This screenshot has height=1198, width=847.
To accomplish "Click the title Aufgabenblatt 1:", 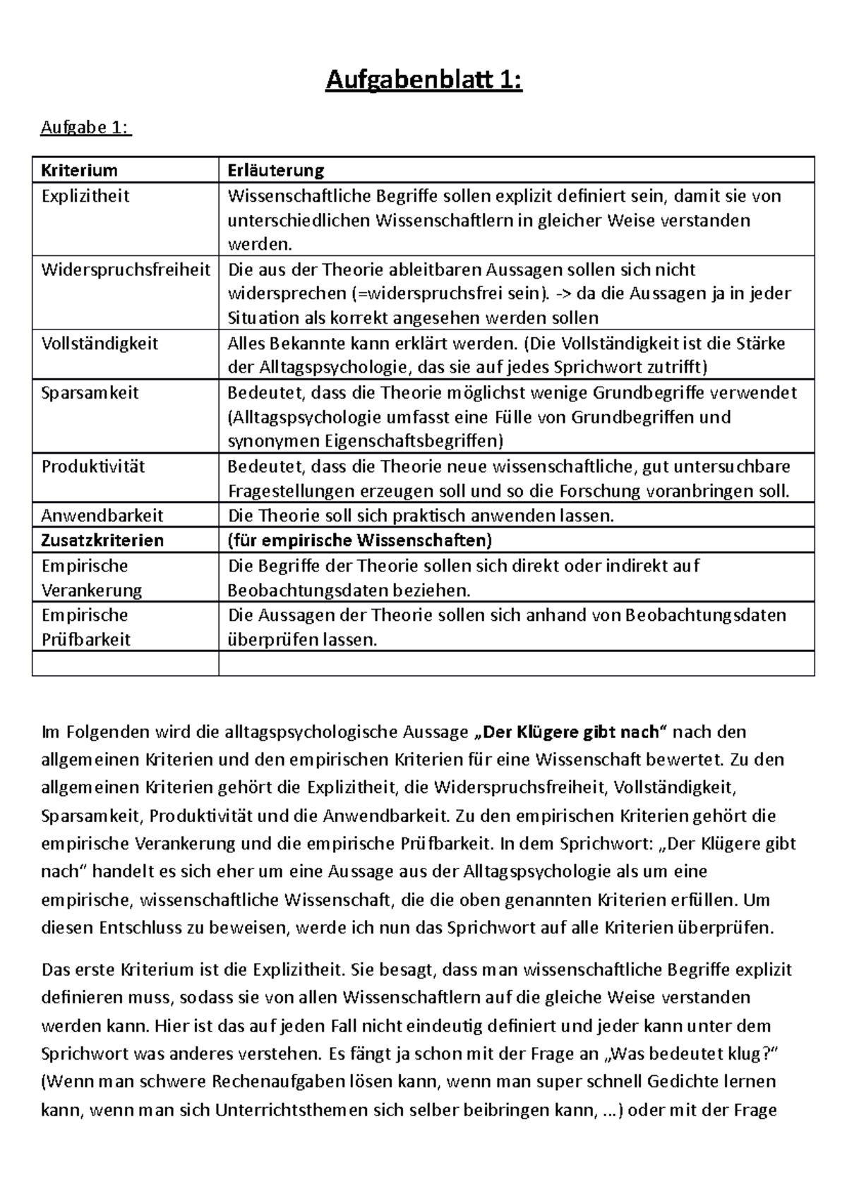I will (423, 82).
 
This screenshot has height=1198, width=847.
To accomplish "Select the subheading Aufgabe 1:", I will (85, 128).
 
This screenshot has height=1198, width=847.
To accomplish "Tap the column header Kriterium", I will (80, 170).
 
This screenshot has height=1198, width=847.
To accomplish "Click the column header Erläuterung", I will (275, 170).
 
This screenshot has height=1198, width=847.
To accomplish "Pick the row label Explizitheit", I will (85, 195).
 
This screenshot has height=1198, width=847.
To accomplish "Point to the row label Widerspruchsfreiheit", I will (126, 270).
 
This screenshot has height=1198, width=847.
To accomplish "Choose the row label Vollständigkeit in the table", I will (100, 344).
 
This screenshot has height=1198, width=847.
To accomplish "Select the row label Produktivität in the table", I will (93, 466).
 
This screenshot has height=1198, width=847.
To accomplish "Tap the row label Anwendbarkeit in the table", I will (102, 516).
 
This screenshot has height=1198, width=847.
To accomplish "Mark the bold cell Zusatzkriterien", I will (102, 540).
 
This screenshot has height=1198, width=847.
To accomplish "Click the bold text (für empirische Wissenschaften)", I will (359, 540).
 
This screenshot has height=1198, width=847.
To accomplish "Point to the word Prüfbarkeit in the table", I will (86, 639).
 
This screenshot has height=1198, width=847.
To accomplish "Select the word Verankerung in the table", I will (92, 590).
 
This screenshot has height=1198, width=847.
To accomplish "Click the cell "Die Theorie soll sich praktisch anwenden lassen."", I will (421, 516).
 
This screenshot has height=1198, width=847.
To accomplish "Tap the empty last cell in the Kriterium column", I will (125, 664).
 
